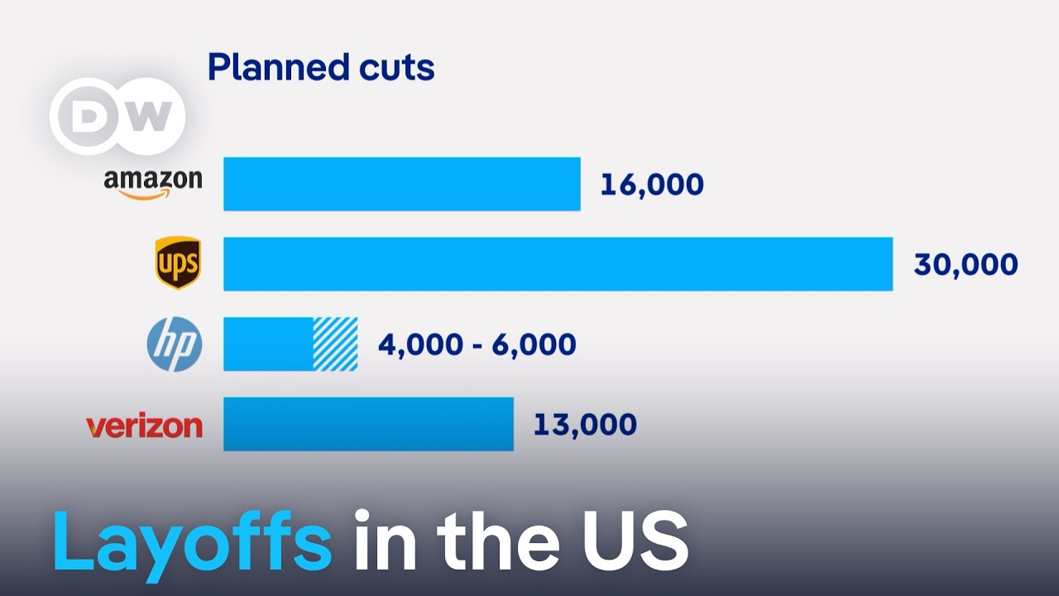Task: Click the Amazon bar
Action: click(401, 184)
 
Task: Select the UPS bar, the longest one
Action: click(558, 264)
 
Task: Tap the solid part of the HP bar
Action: click(268, 344)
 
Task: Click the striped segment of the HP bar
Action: click(335, 344)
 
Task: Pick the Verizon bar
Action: click(368, 424)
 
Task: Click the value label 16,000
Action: click(652, 185)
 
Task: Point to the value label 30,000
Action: click(966, 265)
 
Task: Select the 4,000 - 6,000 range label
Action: click(477, 344)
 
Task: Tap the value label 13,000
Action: click(585, 425)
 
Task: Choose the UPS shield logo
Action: click(178, 263)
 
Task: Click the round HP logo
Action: click(175, 344)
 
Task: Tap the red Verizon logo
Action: click(144, 425)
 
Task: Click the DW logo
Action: click(117, 117)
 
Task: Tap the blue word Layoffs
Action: click(192, 541)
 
